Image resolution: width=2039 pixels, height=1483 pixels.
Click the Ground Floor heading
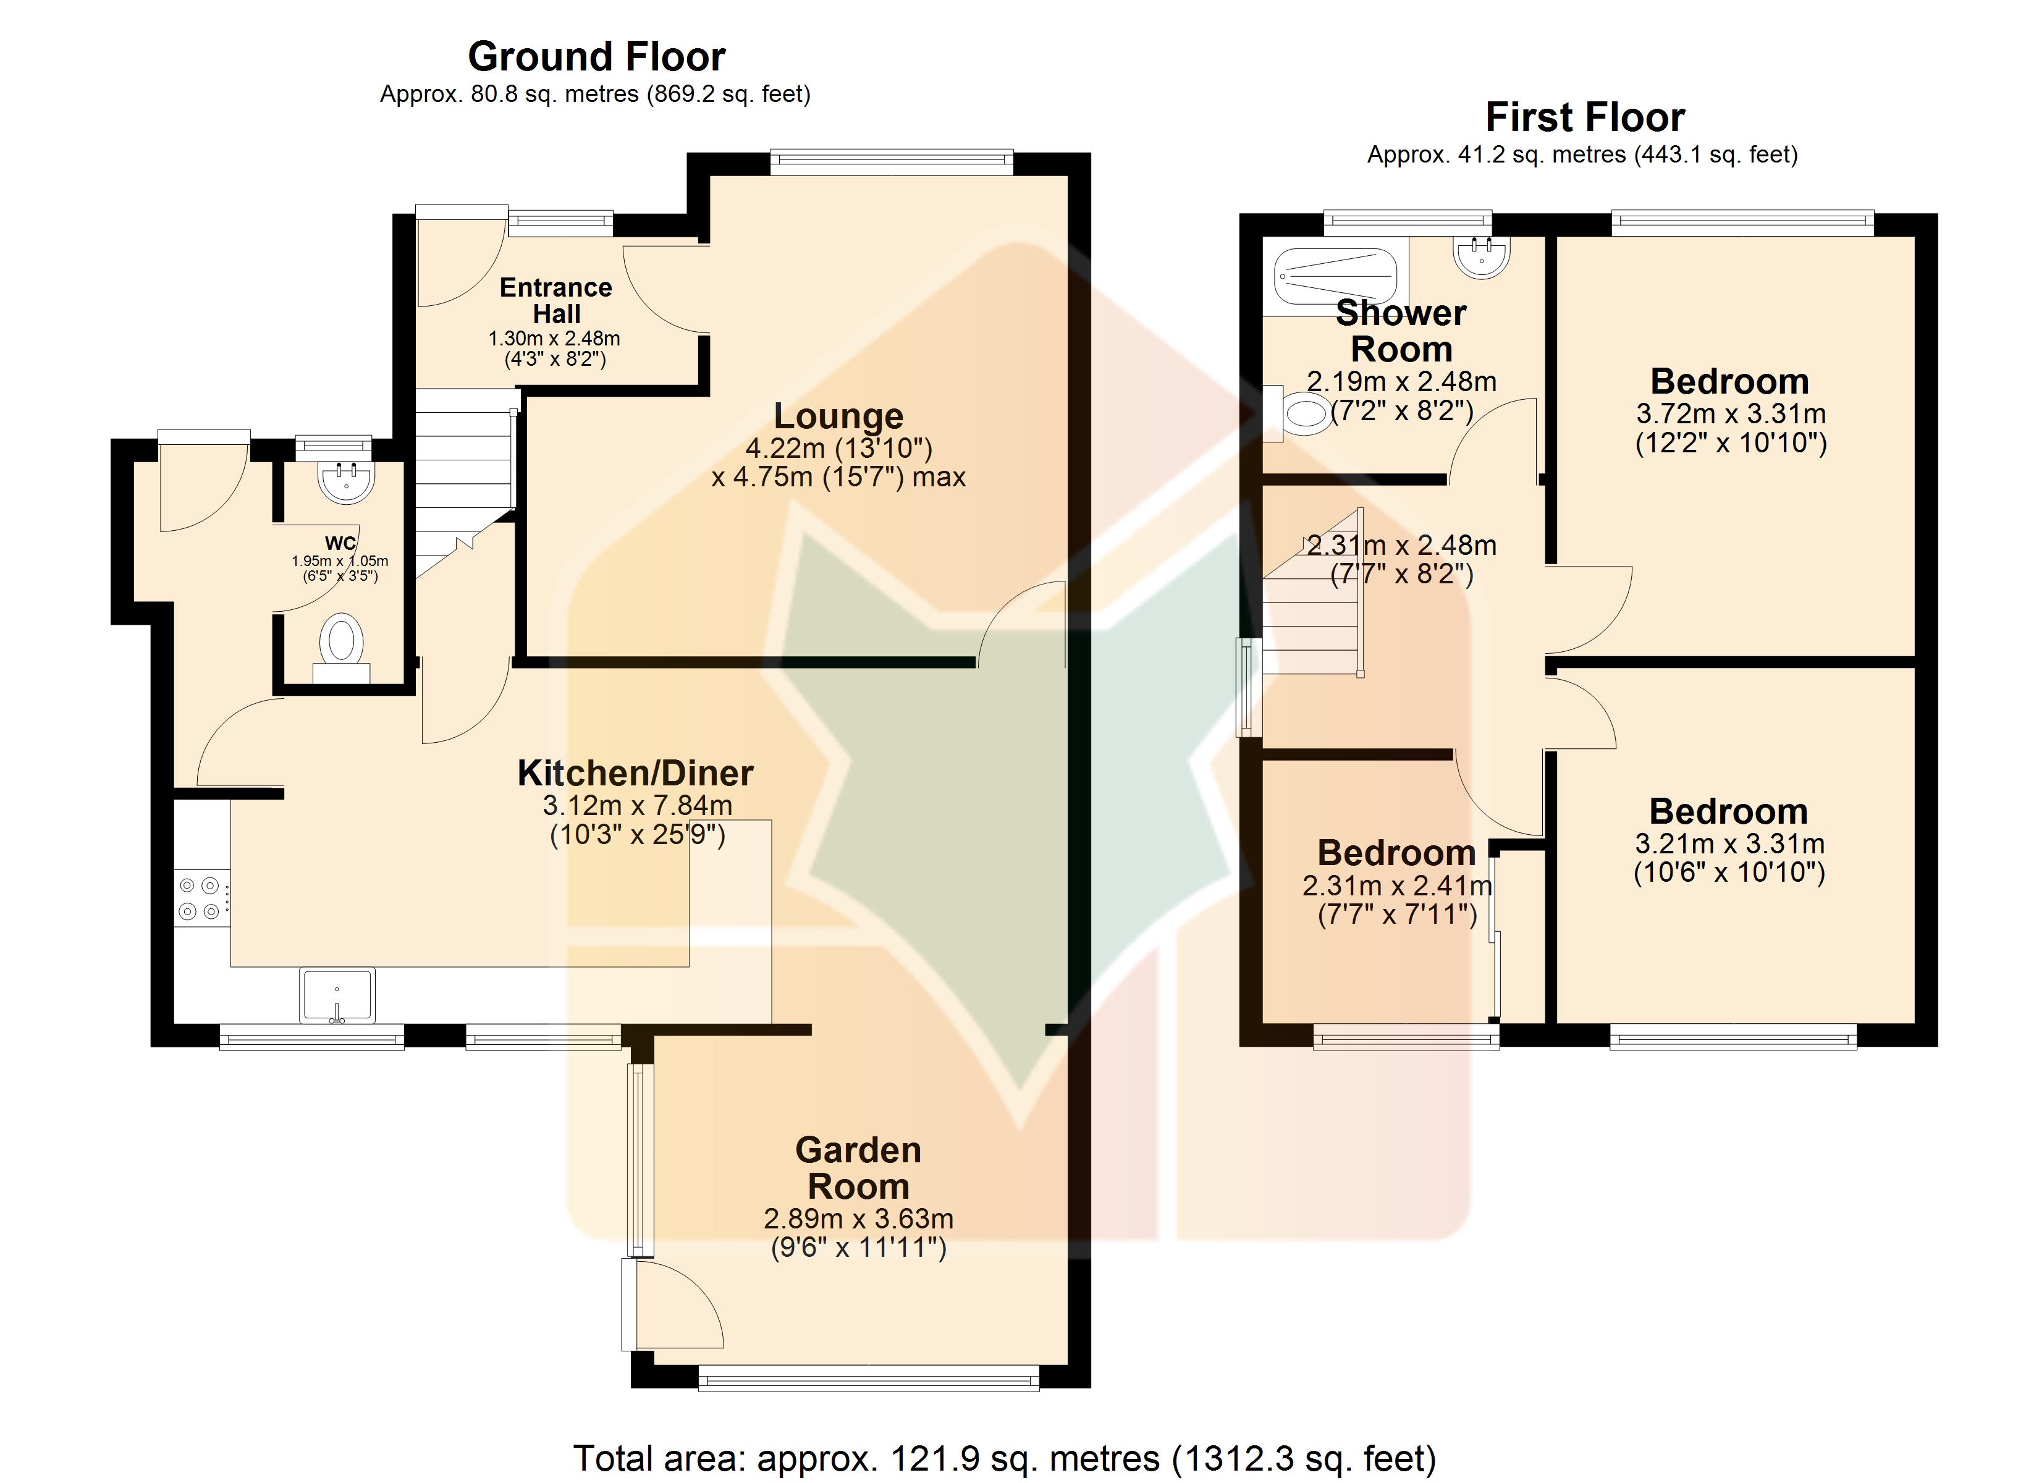tap(596, 57)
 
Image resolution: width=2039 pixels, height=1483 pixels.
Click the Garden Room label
tap(859, 1168)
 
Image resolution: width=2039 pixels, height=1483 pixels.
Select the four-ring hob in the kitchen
tap(200, 898)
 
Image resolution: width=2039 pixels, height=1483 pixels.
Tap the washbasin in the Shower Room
tap(1480, 256)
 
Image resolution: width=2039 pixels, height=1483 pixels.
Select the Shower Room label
tap(1401, 331)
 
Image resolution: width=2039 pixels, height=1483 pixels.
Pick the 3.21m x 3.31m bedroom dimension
tap(1729, 858)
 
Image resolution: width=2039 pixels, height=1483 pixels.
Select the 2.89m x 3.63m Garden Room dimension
tap(859, 1233)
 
